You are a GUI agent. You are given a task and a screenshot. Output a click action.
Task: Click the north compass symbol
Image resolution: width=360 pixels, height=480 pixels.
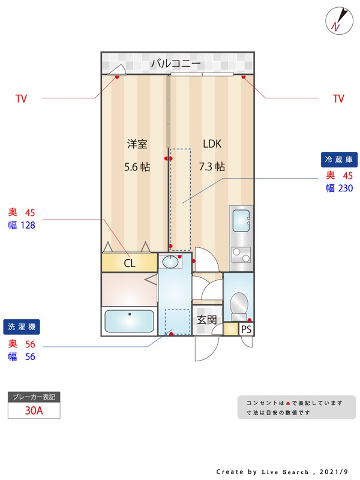click(x=339, y=21)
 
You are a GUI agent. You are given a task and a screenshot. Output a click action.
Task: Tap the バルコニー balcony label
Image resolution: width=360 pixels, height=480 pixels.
click(x=176, y=64)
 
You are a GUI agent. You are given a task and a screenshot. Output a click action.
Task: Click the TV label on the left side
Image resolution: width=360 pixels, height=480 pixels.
click(x=22, y=98)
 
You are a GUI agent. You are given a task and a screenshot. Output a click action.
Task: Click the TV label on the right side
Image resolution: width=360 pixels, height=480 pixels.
click(x=338, y=98)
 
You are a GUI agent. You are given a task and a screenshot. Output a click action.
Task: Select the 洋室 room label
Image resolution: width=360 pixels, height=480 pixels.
click(x=137, y=144)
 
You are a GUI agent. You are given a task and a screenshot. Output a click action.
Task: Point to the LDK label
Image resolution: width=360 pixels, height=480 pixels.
click(x=212, y=143)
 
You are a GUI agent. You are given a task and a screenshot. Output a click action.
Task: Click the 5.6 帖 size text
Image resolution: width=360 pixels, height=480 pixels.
click(x=137, y=167)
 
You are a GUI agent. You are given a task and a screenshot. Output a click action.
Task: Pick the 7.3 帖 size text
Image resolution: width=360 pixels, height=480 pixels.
click(x=212, y=167)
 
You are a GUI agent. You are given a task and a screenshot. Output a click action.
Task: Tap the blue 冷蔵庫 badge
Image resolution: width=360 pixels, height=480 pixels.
click(x=339, y=160)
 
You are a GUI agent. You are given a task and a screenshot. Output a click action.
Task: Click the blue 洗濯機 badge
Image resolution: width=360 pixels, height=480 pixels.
click(x=22, y=326)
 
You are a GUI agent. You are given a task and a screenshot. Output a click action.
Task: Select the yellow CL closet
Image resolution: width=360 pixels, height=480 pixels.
click(x=130, y=263)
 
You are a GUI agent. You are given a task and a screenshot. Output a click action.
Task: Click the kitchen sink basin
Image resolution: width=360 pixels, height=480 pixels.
click(x=241, y=220)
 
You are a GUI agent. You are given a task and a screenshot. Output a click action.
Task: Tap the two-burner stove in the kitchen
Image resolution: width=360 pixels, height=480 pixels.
click(x=241, y=254)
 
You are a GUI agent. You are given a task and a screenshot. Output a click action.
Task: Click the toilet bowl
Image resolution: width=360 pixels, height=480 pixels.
click(x=239, y=304)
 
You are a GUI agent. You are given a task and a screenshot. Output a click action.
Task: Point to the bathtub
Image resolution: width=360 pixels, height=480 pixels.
click(x=130, y=321)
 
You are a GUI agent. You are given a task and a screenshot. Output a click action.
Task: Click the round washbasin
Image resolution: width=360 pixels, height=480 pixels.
click(x=170, y=262)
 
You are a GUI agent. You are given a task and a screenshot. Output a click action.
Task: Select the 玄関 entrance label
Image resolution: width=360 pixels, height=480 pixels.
click(x=206, y=320)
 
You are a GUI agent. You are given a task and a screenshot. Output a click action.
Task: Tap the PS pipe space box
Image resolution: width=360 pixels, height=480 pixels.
click(x=246, y=329)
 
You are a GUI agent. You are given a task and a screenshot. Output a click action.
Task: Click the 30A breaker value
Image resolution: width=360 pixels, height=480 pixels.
click(x=34, y=410)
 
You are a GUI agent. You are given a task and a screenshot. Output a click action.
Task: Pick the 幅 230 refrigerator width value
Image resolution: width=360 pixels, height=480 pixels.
click(x=340, y=188)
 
